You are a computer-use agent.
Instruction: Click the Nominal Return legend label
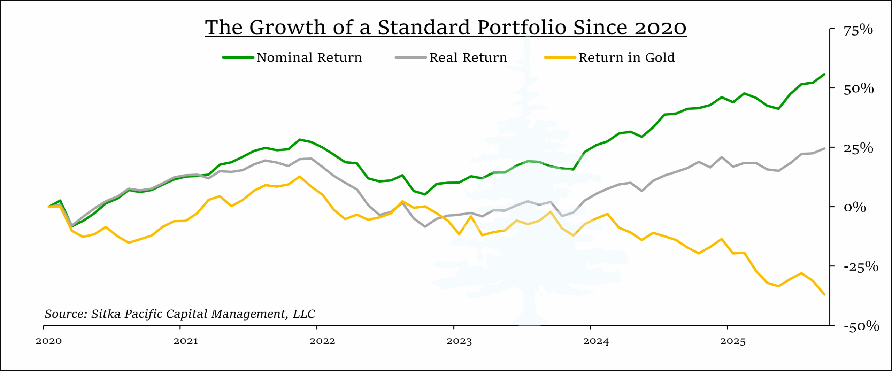click(309, 57)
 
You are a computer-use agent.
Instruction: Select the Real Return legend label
click(468, 57)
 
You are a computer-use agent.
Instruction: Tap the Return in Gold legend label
click(626, 57)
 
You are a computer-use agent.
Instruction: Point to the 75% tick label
click(858, 30)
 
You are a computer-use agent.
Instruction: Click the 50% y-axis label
click(858, 89)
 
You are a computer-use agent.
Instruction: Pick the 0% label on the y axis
click(854, 207)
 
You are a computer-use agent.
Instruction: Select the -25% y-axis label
click(860, 267)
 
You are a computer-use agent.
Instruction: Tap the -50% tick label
click(861, 326)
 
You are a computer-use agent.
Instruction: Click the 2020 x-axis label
click(49, 341)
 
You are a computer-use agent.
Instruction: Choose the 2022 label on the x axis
click(322, 341)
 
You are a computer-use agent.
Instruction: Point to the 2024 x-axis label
click(596, 341)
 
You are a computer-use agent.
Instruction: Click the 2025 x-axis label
click(733, 341)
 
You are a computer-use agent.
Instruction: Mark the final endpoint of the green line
click(824, 74)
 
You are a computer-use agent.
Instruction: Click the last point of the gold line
click(824, 294)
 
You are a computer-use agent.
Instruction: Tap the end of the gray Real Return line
click(824, 148)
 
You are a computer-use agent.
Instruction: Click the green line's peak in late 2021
click(300, 140)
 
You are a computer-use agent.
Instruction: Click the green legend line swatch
click(238, 57)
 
